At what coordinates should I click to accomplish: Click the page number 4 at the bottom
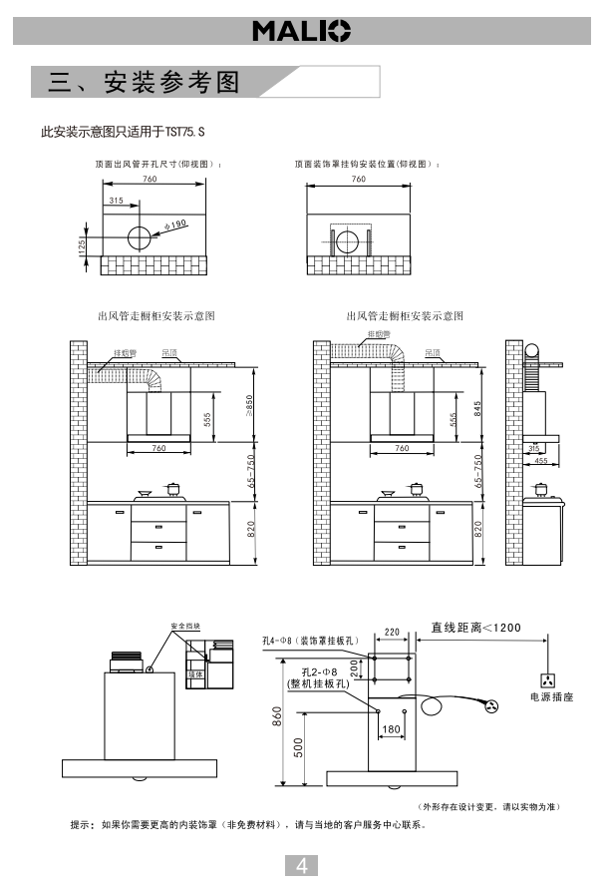(x=303, y=865)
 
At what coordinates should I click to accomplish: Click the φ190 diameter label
(x=175, y=223)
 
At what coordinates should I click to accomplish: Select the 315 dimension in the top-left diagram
(x=116, y=201)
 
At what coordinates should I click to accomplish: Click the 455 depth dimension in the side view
(x=539, y=461)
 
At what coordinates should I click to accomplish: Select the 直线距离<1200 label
(x=473, y=628)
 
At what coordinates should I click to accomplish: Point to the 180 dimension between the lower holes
(x=391, y=729)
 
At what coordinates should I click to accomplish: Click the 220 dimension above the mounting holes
(x=391, y=632)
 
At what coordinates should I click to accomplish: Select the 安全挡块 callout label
(x=185, y=626)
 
